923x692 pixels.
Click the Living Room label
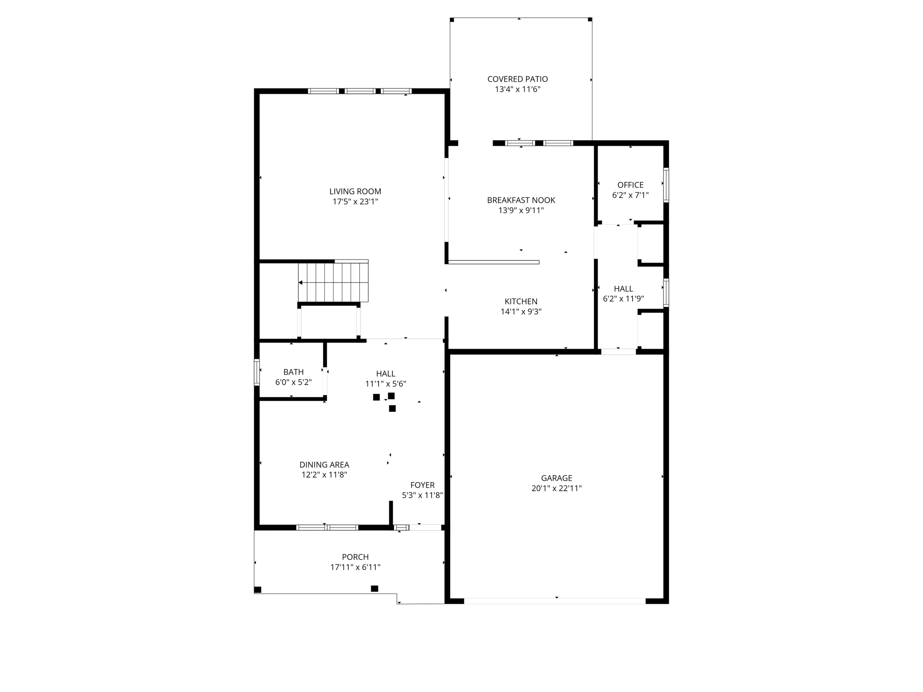pos(355,191)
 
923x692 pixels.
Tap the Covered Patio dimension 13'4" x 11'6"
pos(517,89)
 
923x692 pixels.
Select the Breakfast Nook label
pos(521,200)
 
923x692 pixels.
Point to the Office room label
pos(630,185)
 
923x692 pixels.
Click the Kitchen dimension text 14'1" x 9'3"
pos(521,311)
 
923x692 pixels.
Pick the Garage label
pos(557,478)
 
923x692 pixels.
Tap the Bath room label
pos(293,372)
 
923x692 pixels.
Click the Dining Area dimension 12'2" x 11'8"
pos(324,474)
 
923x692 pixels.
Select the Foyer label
pos(422,485)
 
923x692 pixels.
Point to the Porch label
pos(355,557)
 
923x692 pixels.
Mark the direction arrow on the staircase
pos(301,282)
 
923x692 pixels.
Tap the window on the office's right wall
pos(666,185)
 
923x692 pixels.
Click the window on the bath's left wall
pos(257,372)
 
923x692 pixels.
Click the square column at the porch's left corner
pos(258,589)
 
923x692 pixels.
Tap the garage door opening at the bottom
pos(554,601)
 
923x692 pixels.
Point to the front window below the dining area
pos(327,527)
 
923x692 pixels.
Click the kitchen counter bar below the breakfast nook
pos(493,262)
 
